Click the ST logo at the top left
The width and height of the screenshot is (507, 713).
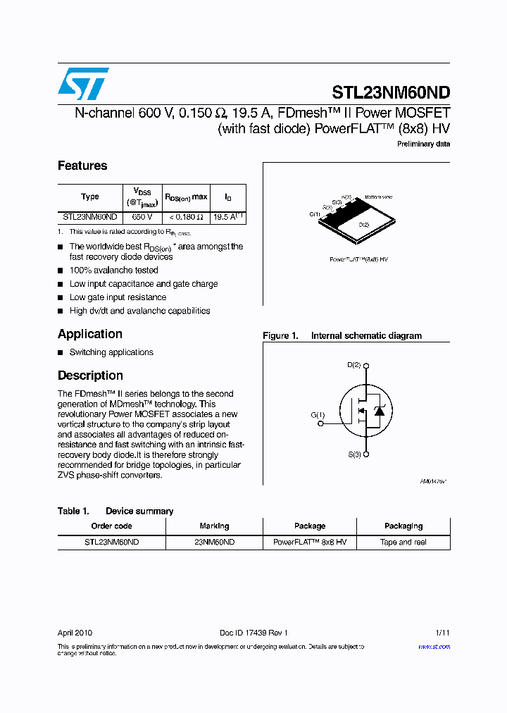(x=83, y=84)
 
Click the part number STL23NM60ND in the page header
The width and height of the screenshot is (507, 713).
(x=391, y=93)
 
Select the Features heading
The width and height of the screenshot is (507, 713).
(x=82, y=166)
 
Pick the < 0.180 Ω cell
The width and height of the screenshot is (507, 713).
(x=186, y=218)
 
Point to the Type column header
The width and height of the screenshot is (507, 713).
(x=90, y=197)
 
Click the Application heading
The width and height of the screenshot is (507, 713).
(x=90, y=334)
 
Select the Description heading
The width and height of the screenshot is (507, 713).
(x=90, y=376)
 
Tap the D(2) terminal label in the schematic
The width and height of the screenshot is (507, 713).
(x=354, y=365)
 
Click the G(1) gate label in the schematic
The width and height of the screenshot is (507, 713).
(x=318, y=415)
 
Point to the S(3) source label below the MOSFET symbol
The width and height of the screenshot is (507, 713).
(x=354, y=454)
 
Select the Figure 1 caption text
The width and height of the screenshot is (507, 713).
(x=342, y=336)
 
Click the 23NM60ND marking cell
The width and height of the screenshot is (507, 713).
(x=214, y=542)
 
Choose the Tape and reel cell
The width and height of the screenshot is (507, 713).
(x=403, y=542)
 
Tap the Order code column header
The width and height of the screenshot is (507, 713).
(x=111, y=526)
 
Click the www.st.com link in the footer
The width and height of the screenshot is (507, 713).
(x=434, y=646)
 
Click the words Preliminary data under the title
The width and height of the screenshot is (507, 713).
(x=424, y=144)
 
